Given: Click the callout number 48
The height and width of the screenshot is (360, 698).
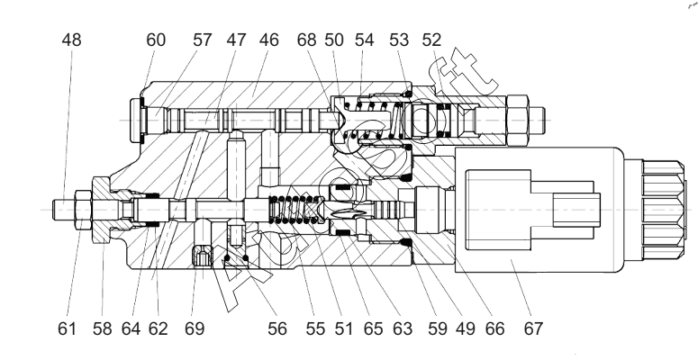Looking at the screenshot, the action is tap(72, 40).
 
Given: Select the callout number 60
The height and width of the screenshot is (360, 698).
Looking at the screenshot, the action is tap(156, 40).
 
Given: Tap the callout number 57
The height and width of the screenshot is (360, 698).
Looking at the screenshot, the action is tap(202, 40).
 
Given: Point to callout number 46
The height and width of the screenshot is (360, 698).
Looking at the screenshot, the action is tap(269, 40).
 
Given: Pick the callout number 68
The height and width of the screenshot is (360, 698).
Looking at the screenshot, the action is tap(307, 40).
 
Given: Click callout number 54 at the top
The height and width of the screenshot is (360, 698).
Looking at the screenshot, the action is tap(364, 40).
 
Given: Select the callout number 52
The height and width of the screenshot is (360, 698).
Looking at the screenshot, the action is tap(431, 40).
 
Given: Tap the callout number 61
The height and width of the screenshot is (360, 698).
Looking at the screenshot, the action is tap(67, 328).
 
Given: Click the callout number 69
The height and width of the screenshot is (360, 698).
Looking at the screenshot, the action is tap(195, 328).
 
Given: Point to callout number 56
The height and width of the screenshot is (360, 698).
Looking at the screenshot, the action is tap(277, 328).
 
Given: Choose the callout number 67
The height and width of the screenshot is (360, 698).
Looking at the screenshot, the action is tap(534, 328).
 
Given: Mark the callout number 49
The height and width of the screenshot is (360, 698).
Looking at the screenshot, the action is tap(466, 328).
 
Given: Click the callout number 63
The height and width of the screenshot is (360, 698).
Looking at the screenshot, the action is tap(403, 328).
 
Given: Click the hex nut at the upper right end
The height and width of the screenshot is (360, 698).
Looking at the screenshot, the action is tap(517, 120).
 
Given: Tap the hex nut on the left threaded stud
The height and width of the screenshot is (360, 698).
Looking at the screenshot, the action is tap(83, 210).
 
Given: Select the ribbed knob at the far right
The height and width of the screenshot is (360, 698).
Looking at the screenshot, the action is tap(663, 210).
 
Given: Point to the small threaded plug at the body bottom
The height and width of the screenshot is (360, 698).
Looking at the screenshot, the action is tap(202, 257).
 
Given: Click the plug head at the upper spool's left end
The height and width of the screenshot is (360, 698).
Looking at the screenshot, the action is tap(136, 120).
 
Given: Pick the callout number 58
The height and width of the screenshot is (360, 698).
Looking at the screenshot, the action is tap(103, 328).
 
